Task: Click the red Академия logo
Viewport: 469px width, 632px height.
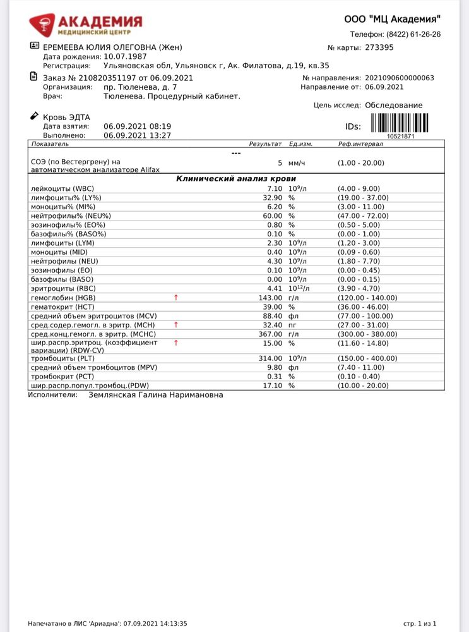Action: [x=86, y=26]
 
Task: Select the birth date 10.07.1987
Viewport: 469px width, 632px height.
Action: [x=125, y=56]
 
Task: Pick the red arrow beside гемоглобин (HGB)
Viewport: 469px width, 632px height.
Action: [x=176, y=297]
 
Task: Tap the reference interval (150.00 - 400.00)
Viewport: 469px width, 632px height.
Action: [x=367, y=358]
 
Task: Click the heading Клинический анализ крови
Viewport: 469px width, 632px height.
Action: [x=237, y=179]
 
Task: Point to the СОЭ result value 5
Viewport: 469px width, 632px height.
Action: [x=280, y=163]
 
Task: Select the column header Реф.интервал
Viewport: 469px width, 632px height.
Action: [x=360, y=144]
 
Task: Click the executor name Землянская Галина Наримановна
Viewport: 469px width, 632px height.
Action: [x=155, y=395]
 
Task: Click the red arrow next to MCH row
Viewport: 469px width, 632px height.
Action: [x=176, y=324]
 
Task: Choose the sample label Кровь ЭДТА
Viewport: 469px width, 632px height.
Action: [x=66, y=117]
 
